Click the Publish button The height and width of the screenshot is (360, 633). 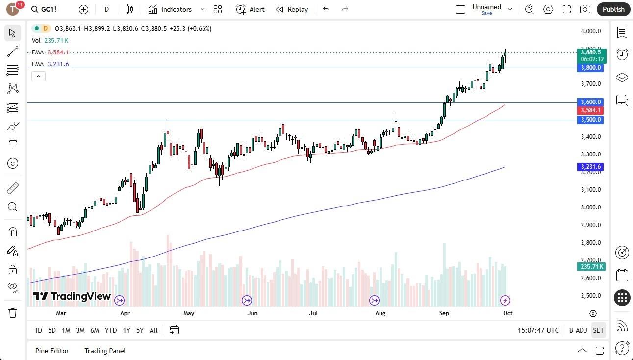click(x=613, y=9)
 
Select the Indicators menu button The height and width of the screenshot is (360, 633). click(x=176, y=9)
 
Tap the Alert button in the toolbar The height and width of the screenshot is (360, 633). click(x=250, y=9)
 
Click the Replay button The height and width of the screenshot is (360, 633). click(x=292, y=9)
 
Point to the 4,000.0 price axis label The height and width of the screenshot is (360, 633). click(x=590, y=31)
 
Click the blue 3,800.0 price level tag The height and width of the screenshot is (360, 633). click(x=590, y=68)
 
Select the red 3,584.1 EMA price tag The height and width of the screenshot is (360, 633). click(x=590, y=110)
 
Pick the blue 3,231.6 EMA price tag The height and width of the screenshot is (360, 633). click(x=590, y=167)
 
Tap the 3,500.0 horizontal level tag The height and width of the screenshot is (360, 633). click(x=590, y=120)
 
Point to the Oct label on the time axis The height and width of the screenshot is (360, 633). click(x=508, y=313)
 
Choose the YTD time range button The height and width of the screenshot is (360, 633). click(x=111, y=330)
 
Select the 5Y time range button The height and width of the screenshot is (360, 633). click(x=140, y=330)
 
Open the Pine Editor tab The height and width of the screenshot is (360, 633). click(x=52, y=351)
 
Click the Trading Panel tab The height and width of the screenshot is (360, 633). click(x=105, y=351)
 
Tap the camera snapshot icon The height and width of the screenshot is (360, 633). click(x=585, y=9)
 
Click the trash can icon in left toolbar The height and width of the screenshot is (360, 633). click(x=13, y=312)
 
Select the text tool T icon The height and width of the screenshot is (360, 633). click(x=13, y=145)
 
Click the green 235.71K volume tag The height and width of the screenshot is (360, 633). click(x=591, y=266)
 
